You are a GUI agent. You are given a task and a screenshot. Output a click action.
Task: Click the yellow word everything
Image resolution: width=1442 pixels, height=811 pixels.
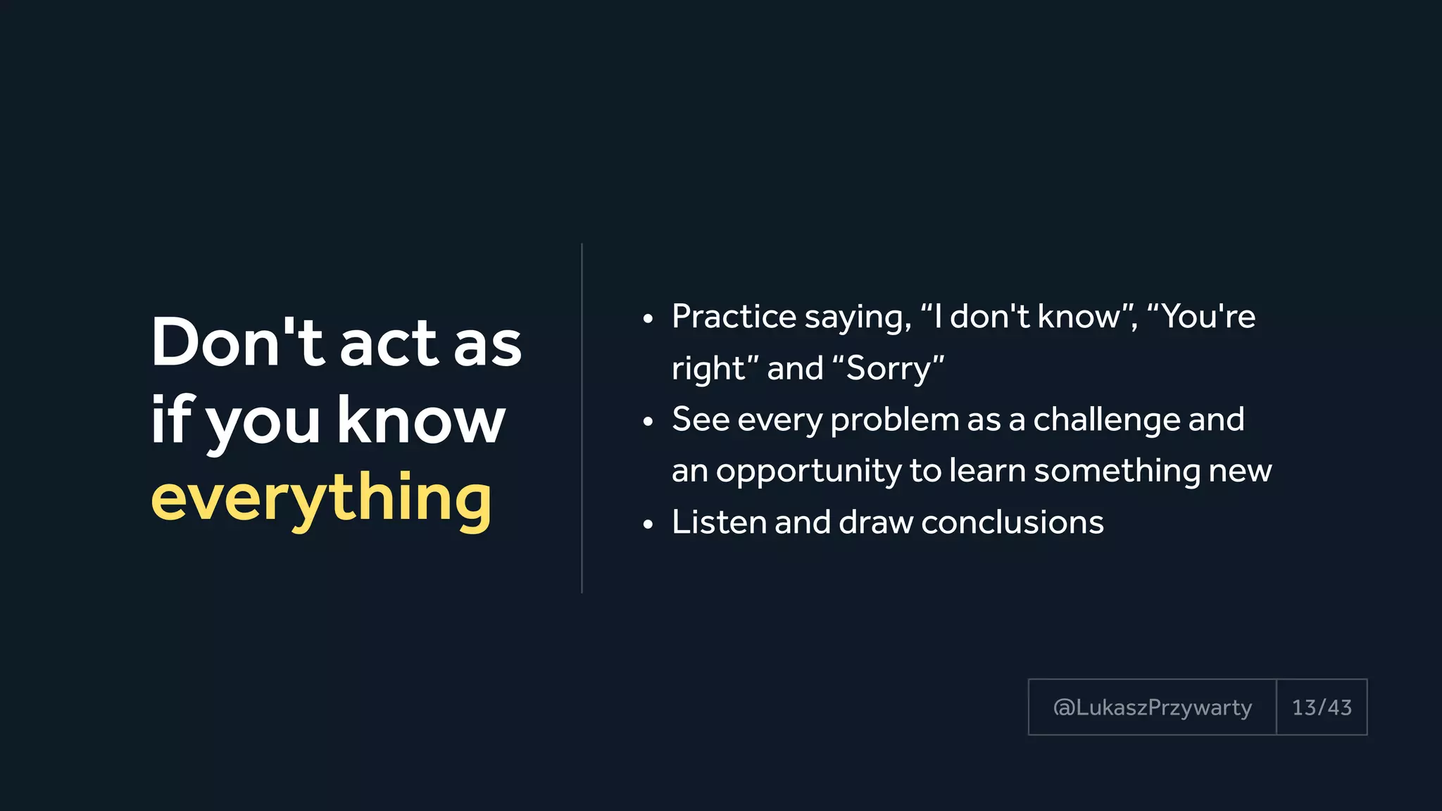point(321,498)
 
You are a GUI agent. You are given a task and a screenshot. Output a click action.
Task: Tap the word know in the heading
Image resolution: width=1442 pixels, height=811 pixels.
point(420,420)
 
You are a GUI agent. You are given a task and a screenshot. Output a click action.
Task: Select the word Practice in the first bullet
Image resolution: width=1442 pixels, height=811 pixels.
point(733,317)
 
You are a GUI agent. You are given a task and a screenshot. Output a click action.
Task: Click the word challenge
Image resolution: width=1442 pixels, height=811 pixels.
point(1106,420)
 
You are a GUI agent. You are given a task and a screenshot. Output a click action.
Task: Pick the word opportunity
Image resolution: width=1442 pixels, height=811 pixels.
point(808,471)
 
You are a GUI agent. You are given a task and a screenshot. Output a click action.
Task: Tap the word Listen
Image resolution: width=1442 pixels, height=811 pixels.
point(719,522)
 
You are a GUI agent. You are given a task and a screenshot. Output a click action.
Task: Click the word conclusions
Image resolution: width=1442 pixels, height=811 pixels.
point(1012,522)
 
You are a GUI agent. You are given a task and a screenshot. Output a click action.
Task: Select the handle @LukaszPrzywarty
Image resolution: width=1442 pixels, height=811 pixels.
point(1152,708)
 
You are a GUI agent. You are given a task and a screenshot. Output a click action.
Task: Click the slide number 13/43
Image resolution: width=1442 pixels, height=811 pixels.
point(1322,708)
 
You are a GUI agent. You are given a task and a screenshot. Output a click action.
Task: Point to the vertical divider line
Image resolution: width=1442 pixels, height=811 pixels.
point(582,418)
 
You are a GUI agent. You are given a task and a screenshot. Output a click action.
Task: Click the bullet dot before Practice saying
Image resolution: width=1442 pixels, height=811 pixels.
point(648,320)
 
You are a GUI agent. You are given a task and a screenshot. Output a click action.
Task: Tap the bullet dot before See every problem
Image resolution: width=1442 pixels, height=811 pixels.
point(648,422)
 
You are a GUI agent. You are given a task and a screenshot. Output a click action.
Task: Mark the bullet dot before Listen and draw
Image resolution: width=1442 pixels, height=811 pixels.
point(648,525)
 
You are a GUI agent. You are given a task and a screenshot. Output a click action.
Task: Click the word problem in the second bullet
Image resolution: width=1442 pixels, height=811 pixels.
point(894,420)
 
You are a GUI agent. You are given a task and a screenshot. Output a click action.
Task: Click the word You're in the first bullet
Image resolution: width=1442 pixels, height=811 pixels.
point(1207,317)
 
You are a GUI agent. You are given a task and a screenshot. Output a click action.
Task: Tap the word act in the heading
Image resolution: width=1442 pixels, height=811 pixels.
point(389,343)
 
